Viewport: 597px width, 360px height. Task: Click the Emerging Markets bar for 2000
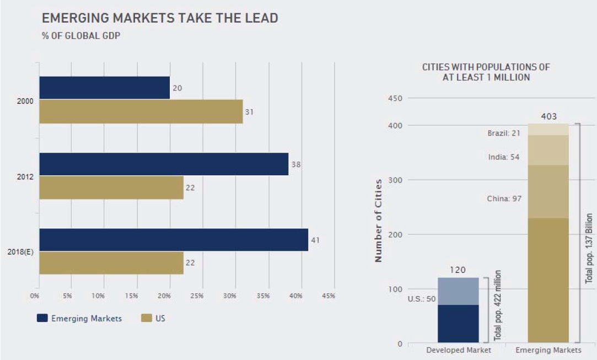click(104, 88)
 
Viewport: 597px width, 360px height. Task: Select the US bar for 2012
click(111, 187)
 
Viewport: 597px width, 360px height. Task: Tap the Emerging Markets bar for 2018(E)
click(174, 240)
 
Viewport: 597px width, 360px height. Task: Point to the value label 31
click(249, 112)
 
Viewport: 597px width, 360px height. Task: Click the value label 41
click(315, 240)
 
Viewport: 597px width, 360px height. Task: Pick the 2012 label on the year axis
click(25, 177)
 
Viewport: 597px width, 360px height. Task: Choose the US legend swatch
click(147, 318)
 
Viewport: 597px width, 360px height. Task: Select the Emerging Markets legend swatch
click(42, 318)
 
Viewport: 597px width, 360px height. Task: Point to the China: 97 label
click(504, 198)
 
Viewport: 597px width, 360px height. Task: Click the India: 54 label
click(504, 157)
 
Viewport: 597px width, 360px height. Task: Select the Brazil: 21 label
click(504, 133)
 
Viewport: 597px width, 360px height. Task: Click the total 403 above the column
click(548, 116)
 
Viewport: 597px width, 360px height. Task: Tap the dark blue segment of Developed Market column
click(458, 324)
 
